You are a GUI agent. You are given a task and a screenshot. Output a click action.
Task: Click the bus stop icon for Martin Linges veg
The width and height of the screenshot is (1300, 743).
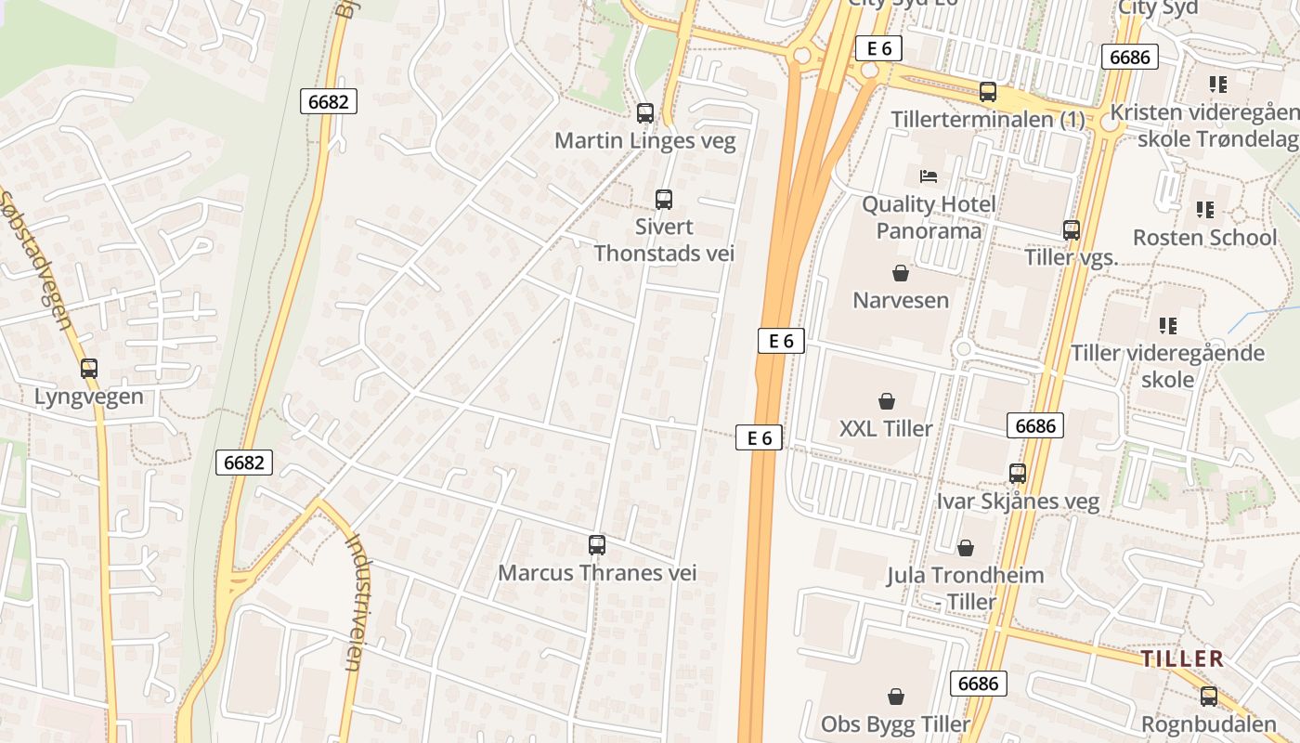(644, 113)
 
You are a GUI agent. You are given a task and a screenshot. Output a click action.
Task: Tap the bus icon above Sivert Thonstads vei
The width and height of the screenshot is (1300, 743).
(663, 199)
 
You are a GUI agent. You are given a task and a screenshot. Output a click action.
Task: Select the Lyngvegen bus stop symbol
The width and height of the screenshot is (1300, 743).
(89, 369)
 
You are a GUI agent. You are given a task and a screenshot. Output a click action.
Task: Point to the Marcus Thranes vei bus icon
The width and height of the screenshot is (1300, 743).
(597, 545)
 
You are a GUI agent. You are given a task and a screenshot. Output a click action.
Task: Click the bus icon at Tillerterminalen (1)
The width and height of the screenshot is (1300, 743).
(988, 92)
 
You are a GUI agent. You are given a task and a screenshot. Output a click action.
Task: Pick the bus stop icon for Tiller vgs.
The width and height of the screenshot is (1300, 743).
(1072, 229)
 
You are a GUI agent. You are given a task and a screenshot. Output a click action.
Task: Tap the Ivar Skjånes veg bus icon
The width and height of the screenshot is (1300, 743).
(1018, 474)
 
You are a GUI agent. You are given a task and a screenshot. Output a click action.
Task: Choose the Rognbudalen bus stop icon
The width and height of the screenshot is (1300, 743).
(1209, 696)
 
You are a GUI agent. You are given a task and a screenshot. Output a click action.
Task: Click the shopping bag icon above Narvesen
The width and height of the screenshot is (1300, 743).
(900, 273)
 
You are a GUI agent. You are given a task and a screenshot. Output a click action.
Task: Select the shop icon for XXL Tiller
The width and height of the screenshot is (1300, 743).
(887, 401)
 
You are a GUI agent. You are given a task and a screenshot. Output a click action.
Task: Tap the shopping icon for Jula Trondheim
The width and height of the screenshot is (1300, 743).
(966, 548)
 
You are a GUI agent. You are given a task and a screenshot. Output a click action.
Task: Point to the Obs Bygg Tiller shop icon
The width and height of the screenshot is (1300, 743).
(896, 696)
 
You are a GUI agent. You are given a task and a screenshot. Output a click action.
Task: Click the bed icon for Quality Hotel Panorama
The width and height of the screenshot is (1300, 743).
(928, 176)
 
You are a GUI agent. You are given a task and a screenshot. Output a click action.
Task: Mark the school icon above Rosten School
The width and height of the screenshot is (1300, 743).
(1205, 210)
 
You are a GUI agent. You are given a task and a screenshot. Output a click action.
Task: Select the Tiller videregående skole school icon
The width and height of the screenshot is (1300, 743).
(1168, 325)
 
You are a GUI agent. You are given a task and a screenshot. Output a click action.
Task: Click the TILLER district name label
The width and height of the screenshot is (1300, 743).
(1182, 659)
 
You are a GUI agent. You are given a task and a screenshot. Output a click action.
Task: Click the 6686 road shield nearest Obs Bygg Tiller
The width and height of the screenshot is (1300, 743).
(978, 684)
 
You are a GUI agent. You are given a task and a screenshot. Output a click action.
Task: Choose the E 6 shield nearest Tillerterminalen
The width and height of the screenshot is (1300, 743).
(878, 49)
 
